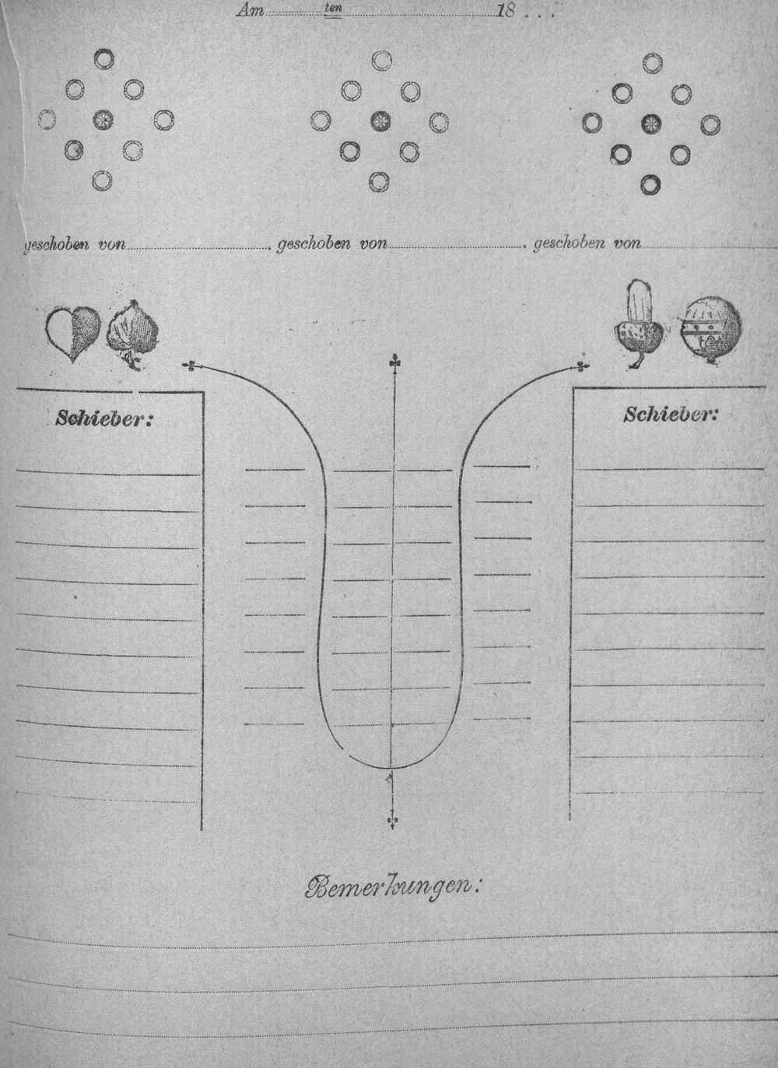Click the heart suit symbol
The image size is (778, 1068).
coord(73,334)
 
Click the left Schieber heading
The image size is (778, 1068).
coord(103,418)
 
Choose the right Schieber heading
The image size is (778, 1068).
coord(670,415)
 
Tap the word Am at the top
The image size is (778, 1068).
coord(250,12)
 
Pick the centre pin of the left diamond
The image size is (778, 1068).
coord(103,119)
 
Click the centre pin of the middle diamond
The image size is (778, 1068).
coord(380,120)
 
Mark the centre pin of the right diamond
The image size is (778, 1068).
coord(651,124)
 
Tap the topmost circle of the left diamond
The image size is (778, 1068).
coord(103,59)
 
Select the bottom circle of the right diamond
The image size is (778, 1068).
coord(651,184)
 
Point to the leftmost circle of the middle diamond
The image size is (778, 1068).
coord(321,121)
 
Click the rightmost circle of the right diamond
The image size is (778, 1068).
coord(711,124)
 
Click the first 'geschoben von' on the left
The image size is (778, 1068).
coord(75,244)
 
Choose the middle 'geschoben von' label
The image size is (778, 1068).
coord(332,243)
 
